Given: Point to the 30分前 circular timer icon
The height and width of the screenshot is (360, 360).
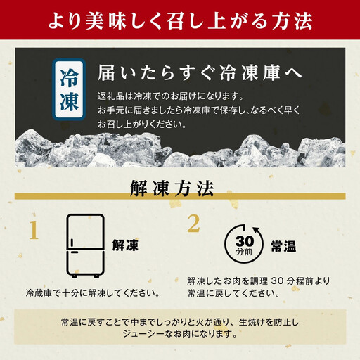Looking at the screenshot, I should click(x=240, y=244).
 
